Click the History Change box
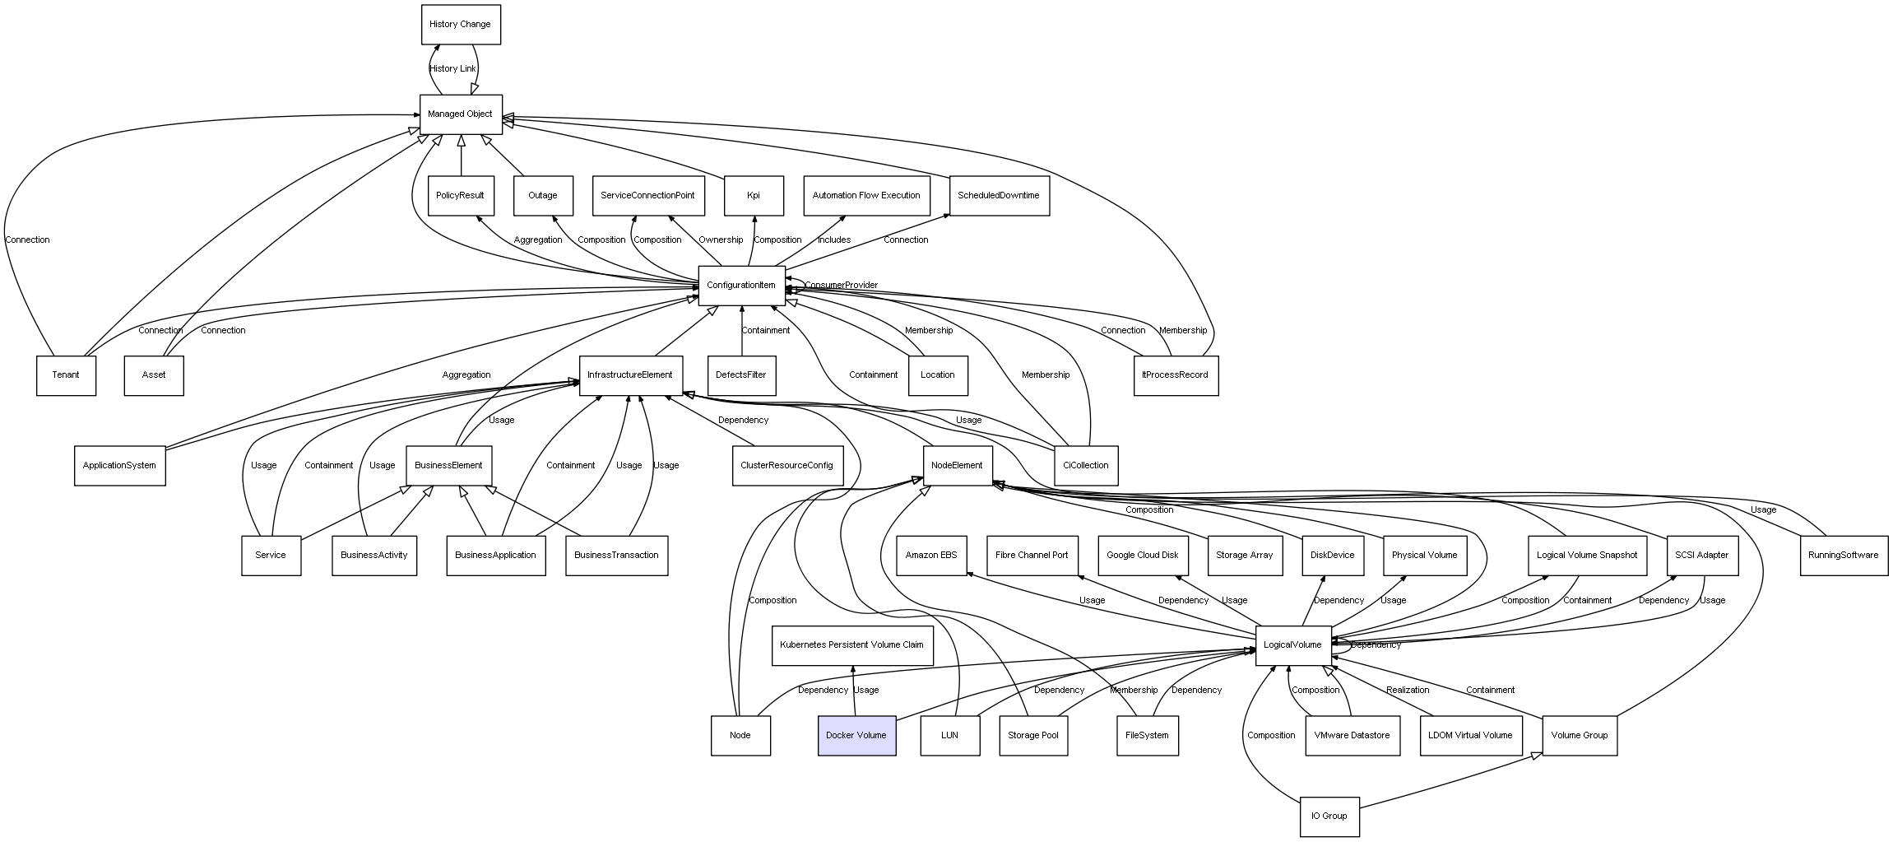pos(460,25)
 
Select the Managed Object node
pos(460,114)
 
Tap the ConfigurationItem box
pos(740,286)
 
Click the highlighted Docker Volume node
pos(856,735)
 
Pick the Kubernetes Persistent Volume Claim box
pos(851,645)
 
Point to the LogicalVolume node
pos(1292,645)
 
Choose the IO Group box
pos(1329,816)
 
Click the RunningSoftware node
pos(1843,556)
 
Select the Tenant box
pos(66,375)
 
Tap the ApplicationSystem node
pos(119,466)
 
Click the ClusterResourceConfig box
pos(786,466)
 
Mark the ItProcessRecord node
pos(1175,375)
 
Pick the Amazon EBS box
pos(931,556)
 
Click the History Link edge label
pos(452,69)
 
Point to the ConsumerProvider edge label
pos(841,286)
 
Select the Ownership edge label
pos(721,240)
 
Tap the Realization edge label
pos(1408,691)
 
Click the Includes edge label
pos(834,240)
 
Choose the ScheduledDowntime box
pos(998,196)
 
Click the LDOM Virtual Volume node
pos(1470,735)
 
